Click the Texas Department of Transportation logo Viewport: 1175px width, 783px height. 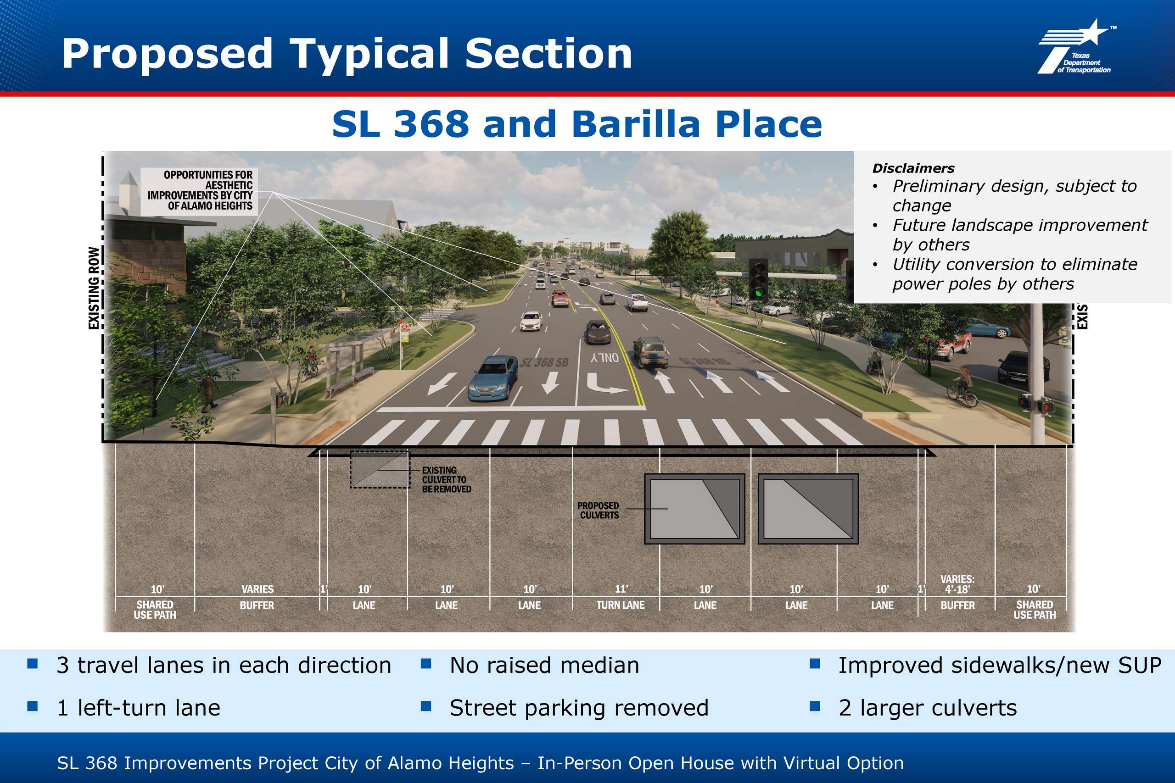tap(1077, 47)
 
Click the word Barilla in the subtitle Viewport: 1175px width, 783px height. tap(635, 124)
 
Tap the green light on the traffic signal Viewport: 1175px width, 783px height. tap(759, 292)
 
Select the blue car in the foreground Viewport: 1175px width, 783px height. tap(492, 378)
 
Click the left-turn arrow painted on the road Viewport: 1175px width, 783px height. tap(605, 383)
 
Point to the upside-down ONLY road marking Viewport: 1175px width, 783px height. tap(604, 357)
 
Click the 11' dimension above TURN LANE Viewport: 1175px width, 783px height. tap(621, 589)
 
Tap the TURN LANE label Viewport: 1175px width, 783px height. tap(621, 605)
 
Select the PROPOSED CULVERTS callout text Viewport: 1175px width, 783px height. tap(598, 511)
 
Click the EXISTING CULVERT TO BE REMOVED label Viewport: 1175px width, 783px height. tap(446, 480)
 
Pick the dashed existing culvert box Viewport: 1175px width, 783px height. tap(380, 469)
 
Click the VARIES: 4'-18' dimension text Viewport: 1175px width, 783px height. tap(957, 584)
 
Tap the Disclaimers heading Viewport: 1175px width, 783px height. tap(913, 168)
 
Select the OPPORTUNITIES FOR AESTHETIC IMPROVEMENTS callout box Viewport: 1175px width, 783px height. tap(199, 191)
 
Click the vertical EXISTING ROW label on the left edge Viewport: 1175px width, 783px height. tap(94, 288)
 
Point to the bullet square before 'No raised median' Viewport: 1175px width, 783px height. tap(425, 664)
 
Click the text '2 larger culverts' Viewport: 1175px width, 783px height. tap(928, 708)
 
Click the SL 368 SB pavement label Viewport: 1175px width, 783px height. tap(544, 362)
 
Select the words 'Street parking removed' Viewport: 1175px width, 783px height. tap(579, 708)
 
